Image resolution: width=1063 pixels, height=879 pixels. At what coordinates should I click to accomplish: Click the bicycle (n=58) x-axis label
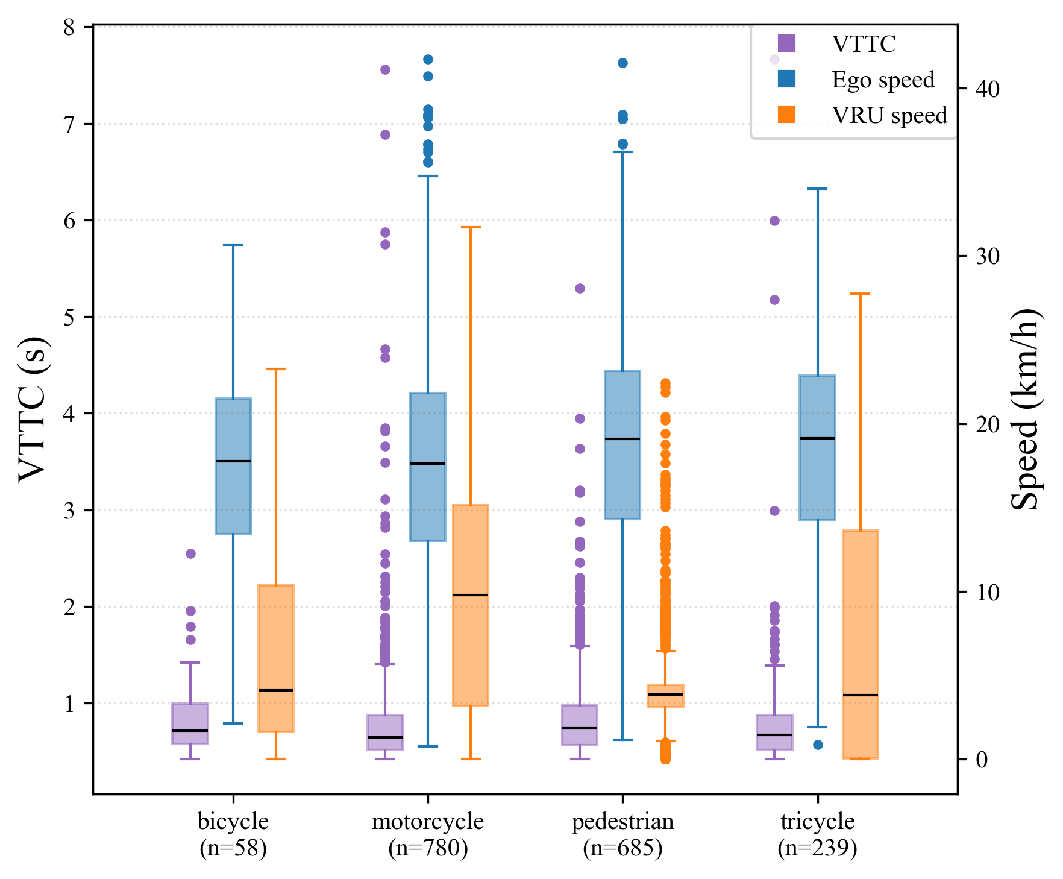point(233,834)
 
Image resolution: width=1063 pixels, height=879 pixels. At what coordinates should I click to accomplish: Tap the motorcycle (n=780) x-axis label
point(428,834)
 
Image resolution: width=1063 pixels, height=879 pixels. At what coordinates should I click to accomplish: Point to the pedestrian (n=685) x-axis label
point(622,834)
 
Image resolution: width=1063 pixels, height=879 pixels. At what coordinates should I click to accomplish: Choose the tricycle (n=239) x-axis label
point(817,834)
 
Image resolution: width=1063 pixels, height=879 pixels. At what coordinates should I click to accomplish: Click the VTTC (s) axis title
point(32,409)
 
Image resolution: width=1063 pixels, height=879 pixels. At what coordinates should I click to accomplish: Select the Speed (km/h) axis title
point(1024,409)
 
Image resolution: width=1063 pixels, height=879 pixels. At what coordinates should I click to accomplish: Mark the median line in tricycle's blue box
point(817,438)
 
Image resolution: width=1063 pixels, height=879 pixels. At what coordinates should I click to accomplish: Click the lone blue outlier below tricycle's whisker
point(818,745)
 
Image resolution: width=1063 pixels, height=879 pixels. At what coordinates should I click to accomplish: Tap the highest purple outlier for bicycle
point(190,553)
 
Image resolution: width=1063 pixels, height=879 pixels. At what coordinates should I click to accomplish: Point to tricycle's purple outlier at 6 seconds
point(775,221)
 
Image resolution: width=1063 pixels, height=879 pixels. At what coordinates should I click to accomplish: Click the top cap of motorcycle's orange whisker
point(471,228)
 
